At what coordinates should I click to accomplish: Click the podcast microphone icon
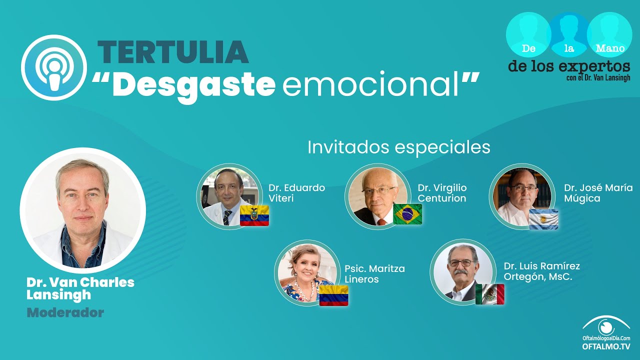point(53,67)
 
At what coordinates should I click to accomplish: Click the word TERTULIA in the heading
point(173,52)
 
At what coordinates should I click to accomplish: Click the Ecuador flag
point(254,215)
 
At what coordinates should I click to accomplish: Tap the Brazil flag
point(407,214)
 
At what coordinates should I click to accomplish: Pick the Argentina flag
point(543,219)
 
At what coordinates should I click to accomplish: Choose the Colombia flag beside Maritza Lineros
point(333,295)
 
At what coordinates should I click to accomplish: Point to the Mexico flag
point(489,294)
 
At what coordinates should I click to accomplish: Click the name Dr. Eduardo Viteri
point(296,193)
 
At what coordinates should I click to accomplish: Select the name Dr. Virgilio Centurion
point(442,193)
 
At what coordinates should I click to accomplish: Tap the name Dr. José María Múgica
point(598,193)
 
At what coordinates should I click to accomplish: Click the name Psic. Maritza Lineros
point(374,273)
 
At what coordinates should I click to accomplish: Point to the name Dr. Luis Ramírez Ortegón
point(541,271)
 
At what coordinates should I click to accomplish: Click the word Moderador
point(65,312)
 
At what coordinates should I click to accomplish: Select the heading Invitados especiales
point(399,147)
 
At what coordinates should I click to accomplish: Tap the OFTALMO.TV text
point(606,346)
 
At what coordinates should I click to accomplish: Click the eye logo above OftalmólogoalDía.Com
point(606,325)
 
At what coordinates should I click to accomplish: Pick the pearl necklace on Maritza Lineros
point(305,290)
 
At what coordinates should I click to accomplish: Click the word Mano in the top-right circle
point(609,48)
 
